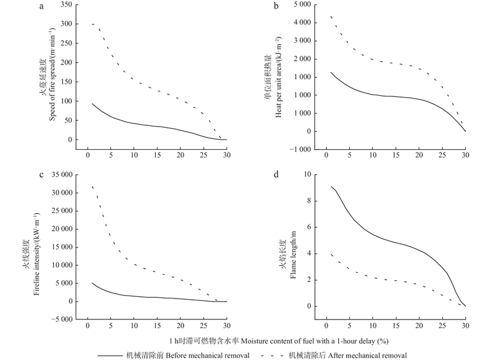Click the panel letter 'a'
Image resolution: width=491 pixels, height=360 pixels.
[x=42, y=7]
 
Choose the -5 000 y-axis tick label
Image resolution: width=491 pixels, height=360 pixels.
[x=58, y=319]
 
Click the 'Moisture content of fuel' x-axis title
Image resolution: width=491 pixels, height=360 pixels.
[x=279, y=340]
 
